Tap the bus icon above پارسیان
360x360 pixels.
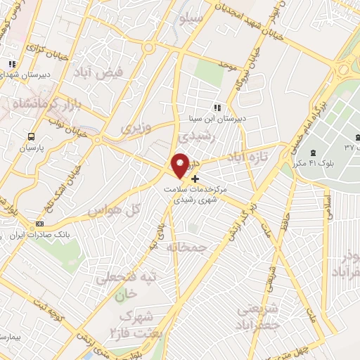pos(30,136)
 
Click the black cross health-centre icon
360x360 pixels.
pos(195,179)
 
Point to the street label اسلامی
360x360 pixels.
pos(327,207)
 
